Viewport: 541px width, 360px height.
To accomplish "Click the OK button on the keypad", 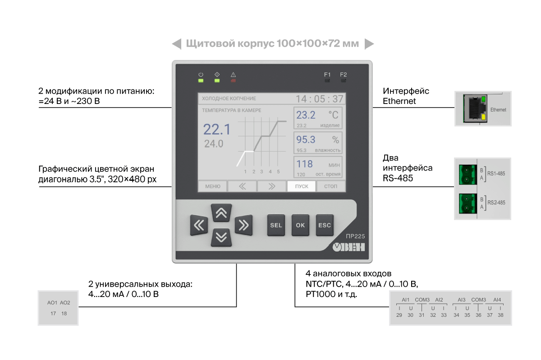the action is [300, 225].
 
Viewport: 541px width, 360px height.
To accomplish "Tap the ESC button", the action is [325, 225].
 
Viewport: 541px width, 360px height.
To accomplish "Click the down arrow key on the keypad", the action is [221, 238].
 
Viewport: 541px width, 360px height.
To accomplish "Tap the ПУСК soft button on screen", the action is [302, 186].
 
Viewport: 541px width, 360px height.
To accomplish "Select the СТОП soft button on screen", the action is [330, 186].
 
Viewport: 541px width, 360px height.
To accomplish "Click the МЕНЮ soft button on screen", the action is [212, 186].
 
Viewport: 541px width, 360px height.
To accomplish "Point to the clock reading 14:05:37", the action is [320, 99].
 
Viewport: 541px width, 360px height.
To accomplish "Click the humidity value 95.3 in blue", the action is [306, 139].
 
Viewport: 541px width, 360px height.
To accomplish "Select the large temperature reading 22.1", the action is [217, 129].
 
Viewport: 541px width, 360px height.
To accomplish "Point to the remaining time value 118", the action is [305, 164].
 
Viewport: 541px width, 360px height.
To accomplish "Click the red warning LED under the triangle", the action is [233, 81].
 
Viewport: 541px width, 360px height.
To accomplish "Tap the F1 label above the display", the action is [327, 75].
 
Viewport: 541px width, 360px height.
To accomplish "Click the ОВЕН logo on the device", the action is [348, 247].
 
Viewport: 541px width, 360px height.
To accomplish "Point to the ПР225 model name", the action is [355, 236].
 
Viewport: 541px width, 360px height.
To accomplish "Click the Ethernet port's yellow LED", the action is [483, 117].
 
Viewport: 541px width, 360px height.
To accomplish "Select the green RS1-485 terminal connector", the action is [468, 175].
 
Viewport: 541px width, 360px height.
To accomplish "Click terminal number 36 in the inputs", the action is [478, 315].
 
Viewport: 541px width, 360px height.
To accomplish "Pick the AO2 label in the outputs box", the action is [65, 302].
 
